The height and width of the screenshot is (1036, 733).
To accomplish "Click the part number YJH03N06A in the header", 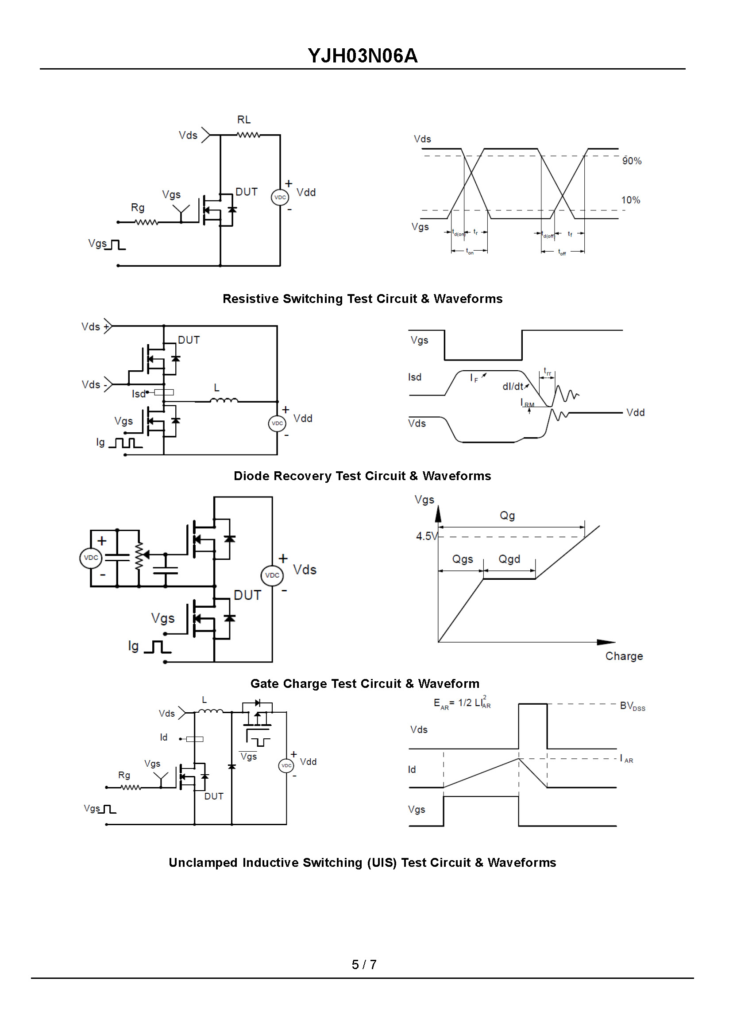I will point(363,56).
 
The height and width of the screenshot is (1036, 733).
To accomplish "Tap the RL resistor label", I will point(244,120).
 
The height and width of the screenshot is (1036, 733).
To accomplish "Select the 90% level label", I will point(632,161).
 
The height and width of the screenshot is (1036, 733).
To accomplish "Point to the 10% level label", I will point(630,200).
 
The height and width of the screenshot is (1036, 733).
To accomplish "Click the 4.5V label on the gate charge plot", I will point(426,536).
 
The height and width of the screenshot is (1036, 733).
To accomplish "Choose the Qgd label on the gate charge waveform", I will point(509,559).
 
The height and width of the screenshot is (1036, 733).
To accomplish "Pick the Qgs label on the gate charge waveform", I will point(463,559).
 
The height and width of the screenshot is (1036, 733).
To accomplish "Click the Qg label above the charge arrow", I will point(507,515).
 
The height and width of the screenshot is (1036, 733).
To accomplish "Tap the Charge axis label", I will point(624,656).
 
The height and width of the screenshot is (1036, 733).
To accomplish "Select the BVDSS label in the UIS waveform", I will point(632,706).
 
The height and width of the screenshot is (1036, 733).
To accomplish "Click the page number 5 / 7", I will point(364,965).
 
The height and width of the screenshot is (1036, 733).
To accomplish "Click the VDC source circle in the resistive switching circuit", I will point(280,198).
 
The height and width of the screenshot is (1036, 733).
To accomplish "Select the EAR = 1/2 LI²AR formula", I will point(462,703).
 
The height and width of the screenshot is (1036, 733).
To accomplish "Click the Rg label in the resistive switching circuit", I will point(138,208).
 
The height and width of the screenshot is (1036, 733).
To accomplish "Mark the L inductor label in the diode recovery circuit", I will point(216,388).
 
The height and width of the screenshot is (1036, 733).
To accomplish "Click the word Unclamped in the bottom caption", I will point(203,862).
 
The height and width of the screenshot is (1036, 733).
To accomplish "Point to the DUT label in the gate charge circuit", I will point(247,595).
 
